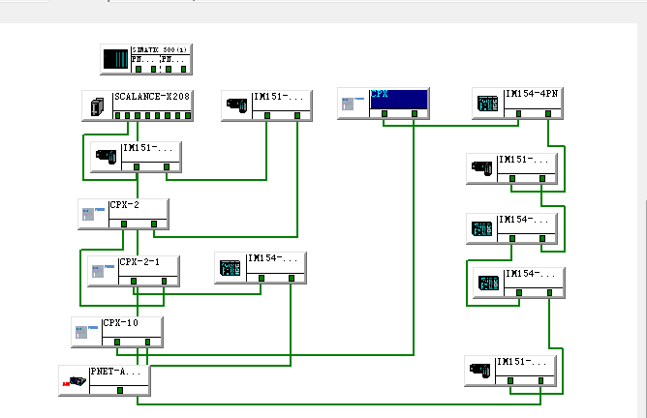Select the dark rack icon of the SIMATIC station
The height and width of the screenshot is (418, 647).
115,58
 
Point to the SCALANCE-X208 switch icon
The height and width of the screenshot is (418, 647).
97,106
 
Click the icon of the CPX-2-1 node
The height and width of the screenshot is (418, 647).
103,271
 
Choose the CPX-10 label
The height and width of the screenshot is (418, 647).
121,323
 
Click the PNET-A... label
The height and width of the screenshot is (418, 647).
115,371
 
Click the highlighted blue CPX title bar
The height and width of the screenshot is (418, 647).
398,97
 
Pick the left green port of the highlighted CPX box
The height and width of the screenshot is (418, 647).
385,113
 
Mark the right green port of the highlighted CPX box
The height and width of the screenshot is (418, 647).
415,113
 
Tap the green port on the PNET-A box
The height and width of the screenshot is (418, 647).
119,390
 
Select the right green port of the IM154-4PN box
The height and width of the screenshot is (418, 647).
549,113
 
